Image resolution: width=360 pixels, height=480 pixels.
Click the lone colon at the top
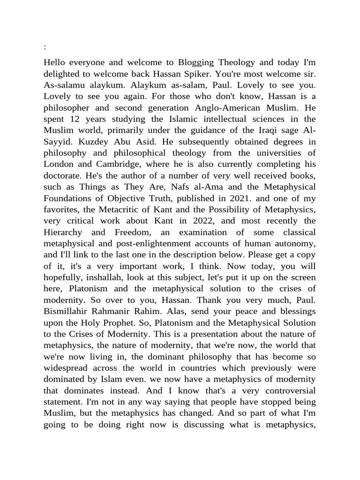(45, 47)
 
